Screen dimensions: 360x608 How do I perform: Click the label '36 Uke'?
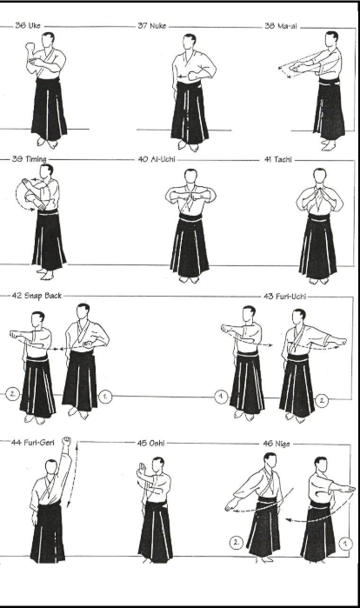(x=28, y=25)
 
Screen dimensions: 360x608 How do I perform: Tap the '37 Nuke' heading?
(x=152, y=25)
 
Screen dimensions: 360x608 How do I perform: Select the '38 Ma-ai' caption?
(x=281, y=26)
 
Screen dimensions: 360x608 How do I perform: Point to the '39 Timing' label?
(x=29, y=159)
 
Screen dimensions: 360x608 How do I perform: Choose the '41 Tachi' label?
(x=278, y=159)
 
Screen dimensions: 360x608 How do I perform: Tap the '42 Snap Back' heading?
(x=37, y=296)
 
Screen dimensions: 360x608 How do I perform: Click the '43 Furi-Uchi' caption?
(x=284, y=297)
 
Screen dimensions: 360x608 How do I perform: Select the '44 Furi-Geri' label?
(x=33, y=442)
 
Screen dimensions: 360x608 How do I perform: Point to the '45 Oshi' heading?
(x=150, y=443)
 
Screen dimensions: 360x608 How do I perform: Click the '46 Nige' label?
(x=277, y=444)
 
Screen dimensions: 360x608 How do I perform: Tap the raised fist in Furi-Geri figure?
(x=67, y=441)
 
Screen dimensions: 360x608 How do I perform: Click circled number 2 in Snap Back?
(x=12, y=394)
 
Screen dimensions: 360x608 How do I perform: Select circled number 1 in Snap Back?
(x=105, y=397)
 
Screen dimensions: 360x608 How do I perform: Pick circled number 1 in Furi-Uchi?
(x=221, y=397)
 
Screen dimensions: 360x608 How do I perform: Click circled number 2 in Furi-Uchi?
(x=322, y=401)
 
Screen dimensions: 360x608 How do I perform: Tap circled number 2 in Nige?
(x=236, y=543)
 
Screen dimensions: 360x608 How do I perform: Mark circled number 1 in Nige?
(x=345, y=544)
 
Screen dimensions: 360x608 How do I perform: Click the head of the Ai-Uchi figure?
(x=190, y=176)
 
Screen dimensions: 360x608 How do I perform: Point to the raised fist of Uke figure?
(x=30, y=47)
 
